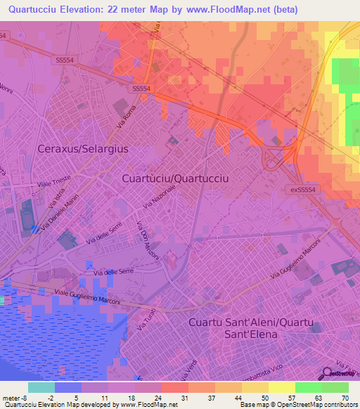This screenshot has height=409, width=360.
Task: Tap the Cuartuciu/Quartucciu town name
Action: [175, 178]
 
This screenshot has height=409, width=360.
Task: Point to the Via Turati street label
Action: [141, 323]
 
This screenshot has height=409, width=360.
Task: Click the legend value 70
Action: [344, 398]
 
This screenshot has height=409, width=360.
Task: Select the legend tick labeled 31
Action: [185, 398]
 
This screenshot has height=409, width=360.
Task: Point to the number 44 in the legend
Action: [238, 398]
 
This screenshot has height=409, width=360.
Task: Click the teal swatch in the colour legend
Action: [41, 387]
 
